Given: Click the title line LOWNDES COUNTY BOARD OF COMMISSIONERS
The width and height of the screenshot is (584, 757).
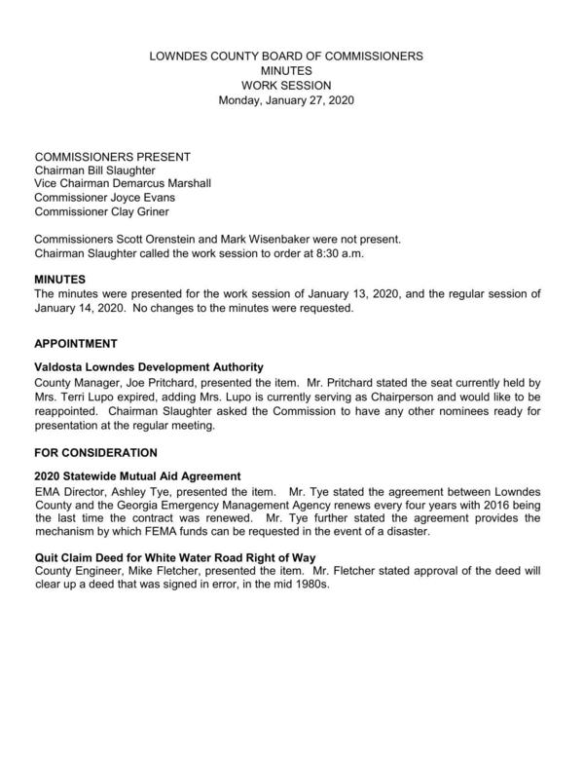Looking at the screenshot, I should pyautogui.click(x=285, y=57).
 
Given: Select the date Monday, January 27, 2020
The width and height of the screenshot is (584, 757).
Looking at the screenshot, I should pyautogui.click(x=285, y=100).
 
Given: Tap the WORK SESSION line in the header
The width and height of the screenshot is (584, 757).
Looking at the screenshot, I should pyautogui.click(x=285, y=86).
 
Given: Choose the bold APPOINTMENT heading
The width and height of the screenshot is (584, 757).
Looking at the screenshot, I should pyautogui.click(x=76, y=344).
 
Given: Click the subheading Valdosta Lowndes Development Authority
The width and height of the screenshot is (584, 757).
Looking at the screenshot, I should pyautogui.click(x=149, y=367).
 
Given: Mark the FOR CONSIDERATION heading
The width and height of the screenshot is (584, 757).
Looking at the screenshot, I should pyautogui.click(x=95, y=453).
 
